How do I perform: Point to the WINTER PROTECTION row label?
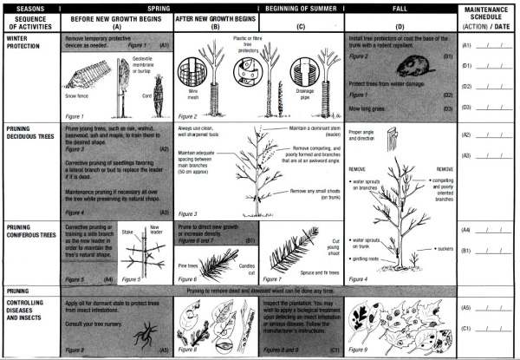point(25,43)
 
